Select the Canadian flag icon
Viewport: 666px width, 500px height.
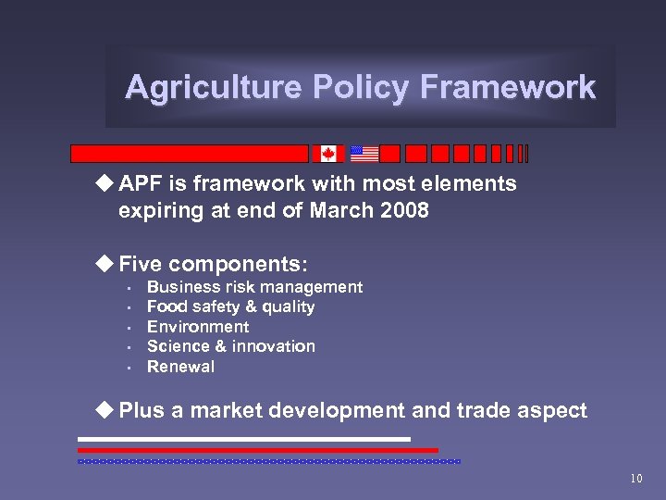click(328, 154)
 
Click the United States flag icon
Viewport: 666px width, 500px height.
click(364, 154)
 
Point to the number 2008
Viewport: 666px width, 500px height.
click(404, 210)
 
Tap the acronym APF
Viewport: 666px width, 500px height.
click(141, 183)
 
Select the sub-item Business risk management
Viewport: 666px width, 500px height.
click(254, 287)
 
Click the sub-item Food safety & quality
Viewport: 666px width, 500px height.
click(230, 306)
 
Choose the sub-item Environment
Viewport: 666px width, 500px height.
click(198, 327)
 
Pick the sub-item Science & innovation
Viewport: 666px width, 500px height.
click(230, 346)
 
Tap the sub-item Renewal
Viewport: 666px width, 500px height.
click(180, 367)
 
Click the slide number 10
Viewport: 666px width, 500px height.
click(635, 479)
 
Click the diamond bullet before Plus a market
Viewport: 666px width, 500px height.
click(107, 410)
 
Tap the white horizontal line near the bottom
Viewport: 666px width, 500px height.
click(244, 439)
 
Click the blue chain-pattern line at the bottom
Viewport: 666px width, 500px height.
click(268, 460)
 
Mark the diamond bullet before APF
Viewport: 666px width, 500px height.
click(107, 183)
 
